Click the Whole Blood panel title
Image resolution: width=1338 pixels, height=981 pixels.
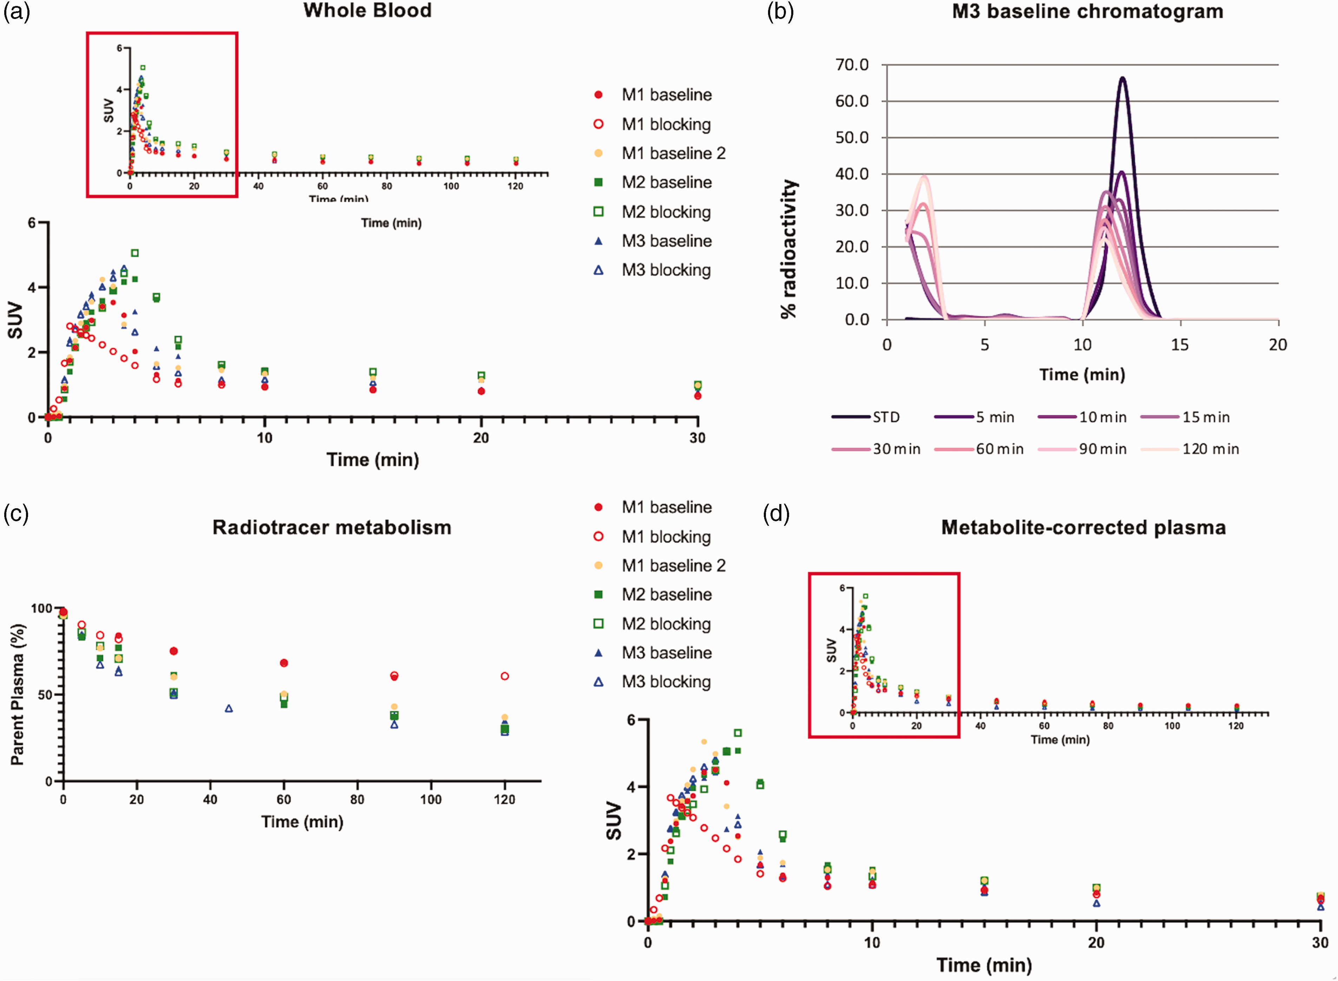pos(367,11)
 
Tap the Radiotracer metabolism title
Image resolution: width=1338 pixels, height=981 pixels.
pos(332,527)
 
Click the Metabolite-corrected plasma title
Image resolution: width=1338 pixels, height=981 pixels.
pos(1083,527)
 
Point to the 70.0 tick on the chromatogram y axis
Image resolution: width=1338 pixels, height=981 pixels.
pos(852,65)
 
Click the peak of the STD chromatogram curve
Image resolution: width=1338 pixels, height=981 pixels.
pos(1122,78)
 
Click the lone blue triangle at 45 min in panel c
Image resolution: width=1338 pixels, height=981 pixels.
pos(229,708)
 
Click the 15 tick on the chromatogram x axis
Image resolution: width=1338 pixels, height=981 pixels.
pos(1180,345)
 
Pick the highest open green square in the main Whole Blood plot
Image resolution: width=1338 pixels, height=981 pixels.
pos(135,253)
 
